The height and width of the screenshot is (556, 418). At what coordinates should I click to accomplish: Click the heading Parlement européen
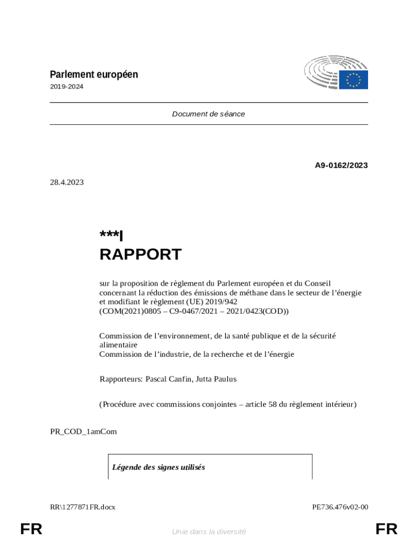pyautogui.click(x=94, y=74)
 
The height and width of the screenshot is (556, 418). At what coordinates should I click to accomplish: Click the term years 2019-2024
pyautogui.click(x=67, y=87)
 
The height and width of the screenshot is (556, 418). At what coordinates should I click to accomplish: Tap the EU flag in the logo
pyautogui.click(x=354, y=80)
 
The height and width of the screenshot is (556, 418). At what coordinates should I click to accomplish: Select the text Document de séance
pyautogui.click(x=208, y=114)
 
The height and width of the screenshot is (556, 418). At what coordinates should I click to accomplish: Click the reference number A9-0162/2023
pyautogui.click(x=341, y=165)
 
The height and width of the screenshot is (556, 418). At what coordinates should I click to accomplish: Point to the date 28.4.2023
pyautogui.click(x=67, y=182)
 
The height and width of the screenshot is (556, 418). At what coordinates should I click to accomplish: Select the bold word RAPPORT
pyautogui.click(x=140, y=254)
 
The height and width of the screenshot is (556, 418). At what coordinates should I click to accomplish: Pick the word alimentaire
pyautogui.click(x=118, y=345)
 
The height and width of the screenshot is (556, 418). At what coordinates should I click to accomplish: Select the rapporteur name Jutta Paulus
pyautogui.click(x=216, y=379)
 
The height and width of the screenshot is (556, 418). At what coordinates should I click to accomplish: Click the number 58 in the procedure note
pyautogui.click(x=273, y=404)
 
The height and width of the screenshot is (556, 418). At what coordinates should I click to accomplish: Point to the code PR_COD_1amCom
pyautogui.click(x=83, y=432)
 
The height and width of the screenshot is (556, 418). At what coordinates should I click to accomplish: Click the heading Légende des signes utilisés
pyautogui.click(x=159, y=467)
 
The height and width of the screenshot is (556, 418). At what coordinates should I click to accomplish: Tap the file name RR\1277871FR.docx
pyautogui.click(x=83, y=507)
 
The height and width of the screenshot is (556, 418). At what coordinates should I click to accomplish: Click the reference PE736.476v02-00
pyautogui.click(x=340, y=507)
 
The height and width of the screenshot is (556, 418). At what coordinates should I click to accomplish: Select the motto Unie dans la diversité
pyautogui.click(x=209, y=532)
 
